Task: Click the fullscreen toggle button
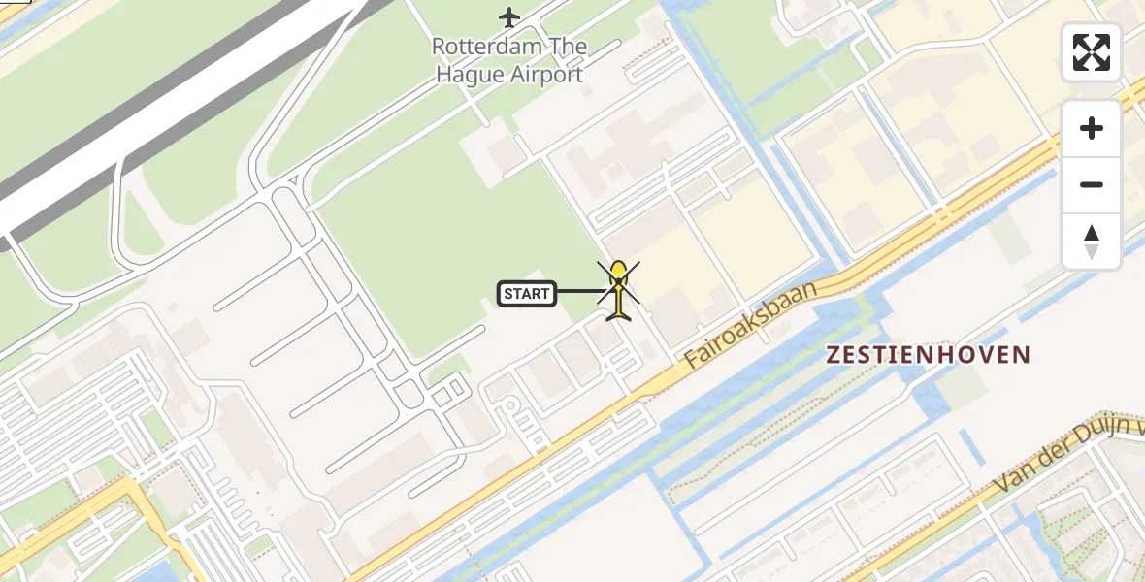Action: pyautogui.click(x=1092, y=52)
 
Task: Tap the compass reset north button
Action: pyautogui.click(x=1092, y=242)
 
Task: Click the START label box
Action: pyautogui.click(x=527, y=293)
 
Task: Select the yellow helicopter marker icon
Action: pyautogui.click(x=618, y=290)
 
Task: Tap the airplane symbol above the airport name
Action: pyautogui.click(x=509, y=16)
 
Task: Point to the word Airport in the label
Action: pyautogui.click(x=547, y=75)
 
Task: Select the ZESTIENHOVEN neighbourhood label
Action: pyautogui.click(x=928, y=355)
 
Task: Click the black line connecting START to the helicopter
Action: pyautogui.click(x=582, y=291)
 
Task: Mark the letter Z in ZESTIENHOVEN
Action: pyautogui.click(x=834, y=355)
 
